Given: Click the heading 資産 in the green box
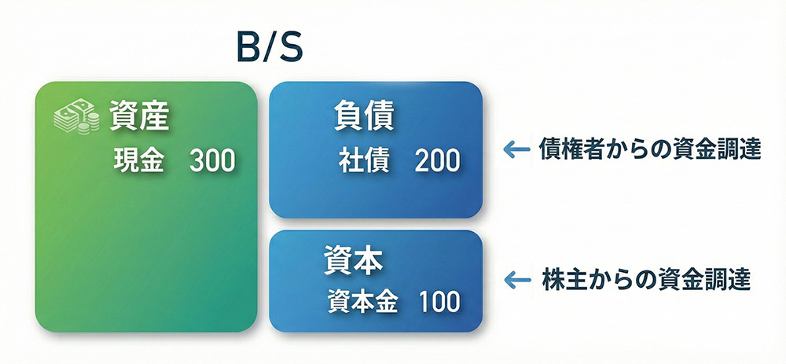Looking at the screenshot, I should coord(141,118).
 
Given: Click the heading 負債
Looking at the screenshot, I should coord(363,118).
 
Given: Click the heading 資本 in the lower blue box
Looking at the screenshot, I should coord(353,260).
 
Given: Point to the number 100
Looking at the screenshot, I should coord(439,301).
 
